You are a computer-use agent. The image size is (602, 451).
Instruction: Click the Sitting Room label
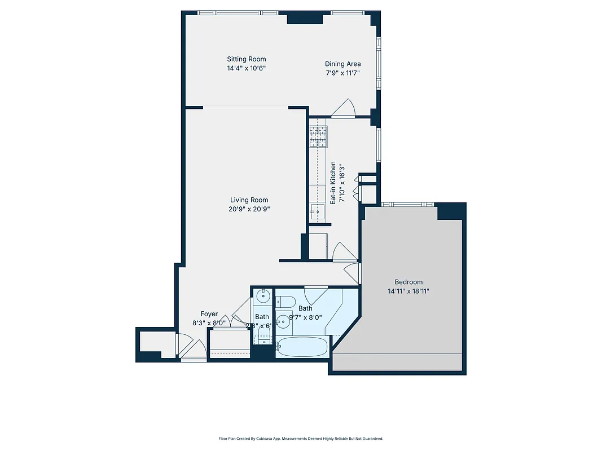(x=246, y=59)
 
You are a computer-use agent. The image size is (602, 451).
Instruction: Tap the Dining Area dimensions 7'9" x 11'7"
(x=342, y=73)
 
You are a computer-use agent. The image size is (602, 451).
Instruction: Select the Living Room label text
(x=249, y=200)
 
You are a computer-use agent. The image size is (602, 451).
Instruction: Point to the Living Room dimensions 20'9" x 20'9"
(x=249, y=209)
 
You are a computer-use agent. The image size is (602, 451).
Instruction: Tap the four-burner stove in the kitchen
(x=318, y=136)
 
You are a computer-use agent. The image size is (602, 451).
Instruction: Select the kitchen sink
(x=317, y=212)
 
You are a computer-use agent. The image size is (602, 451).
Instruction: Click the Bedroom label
(x=408, y=282)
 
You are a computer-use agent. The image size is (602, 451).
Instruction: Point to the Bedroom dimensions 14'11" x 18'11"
(x=408, y=291)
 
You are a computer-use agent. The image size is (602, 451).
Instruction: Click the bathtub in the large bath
(x=302, y=347)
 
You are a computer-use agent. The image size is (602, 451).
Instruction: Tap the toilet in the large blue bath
(x=284, y=303)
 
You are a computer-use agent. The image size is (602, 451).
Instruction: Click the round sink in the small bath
(x=262, y=295)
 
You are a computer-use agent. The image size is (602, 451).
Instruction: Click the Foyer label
(x=209, y=314)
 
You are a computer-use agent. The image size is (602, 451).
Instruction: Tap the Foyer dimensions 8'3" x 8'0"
(x=209, y=323)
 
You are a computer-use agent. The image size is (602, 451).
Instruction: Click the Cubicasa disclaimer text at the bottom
(x=301, y=439)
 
